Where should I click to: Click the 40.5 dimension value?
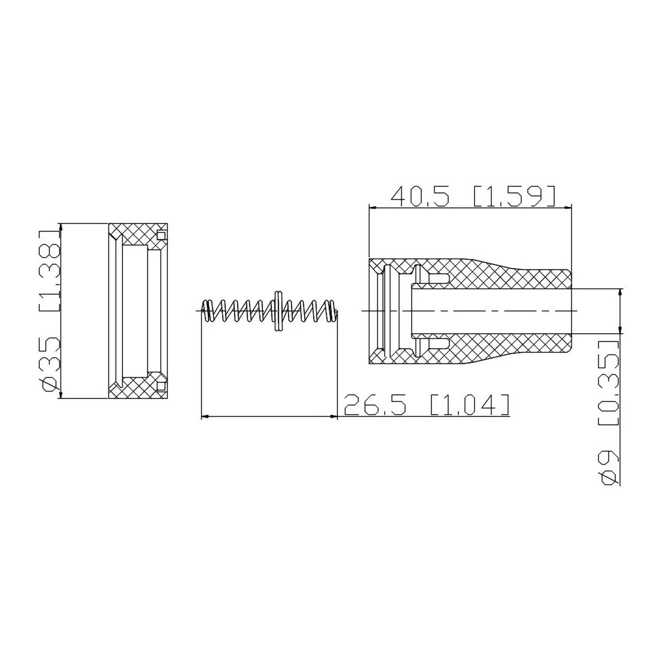(420, 197)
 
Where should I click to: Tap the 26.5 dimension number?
(374, 405)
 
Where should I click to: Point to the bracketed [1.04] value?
(469, 405)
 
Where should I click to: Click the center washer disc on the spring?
(278, 310)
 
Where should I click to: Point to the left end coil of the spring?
(206, 310)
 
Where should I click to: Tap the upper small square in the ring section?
(161, 235)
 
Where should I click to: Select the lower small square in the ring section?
(161, 386)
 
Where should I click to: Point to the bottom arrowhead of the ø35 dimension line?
(61, 395)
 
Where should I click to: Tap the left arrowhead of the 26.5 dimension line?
(205, 416)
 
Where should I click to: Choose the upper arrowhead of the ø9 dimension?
(620, 293)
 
